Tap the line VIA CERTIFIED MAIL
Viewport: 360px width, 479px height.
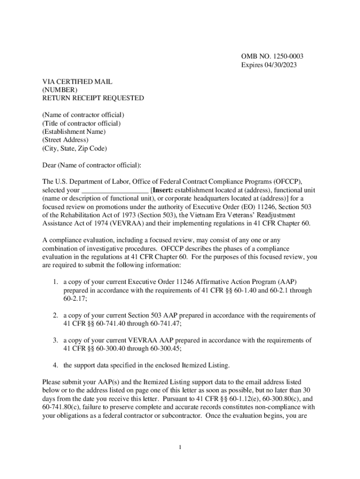pyautogui.click(x=77, y=82)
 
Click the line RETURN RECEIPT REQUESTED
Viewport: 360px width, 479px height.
pyautogui.click(x=93, y=98)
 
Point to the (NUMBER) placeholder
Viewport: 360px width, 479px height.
pyautogui.click(x=60, y=90)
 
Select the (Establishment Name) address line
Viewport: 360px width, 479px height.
pyautogui.click(x=74, y=131)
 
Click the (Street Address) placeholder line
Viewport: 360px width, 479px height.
pyautogui.click(x=65, y=140)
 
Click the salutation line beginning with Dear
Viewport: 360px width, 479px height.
pyautogui.click(x=91, y=165)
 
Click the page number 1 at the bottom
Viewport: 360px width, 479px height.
pyautogui.click(x=180, y=448)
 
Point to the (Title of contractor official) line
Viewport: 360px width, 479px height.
pyautogui.click(x=81, y=123)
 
